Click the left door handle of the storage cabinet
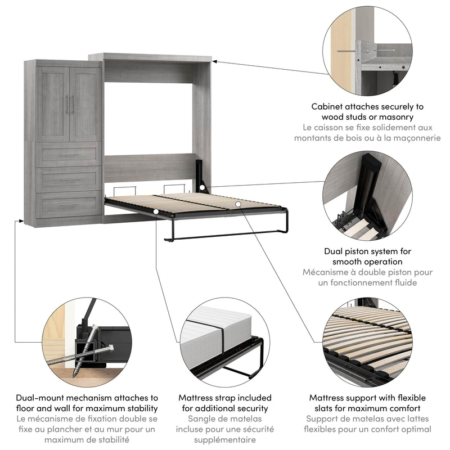click(x=67, y=105)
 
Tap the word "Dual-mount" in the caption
click(x=39, y=398)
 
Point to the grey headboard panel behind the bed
click(x=149, y=167)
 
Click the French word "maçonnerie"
click(x=408, y=138)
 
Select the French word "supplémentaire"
click(x=225, y=440)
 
